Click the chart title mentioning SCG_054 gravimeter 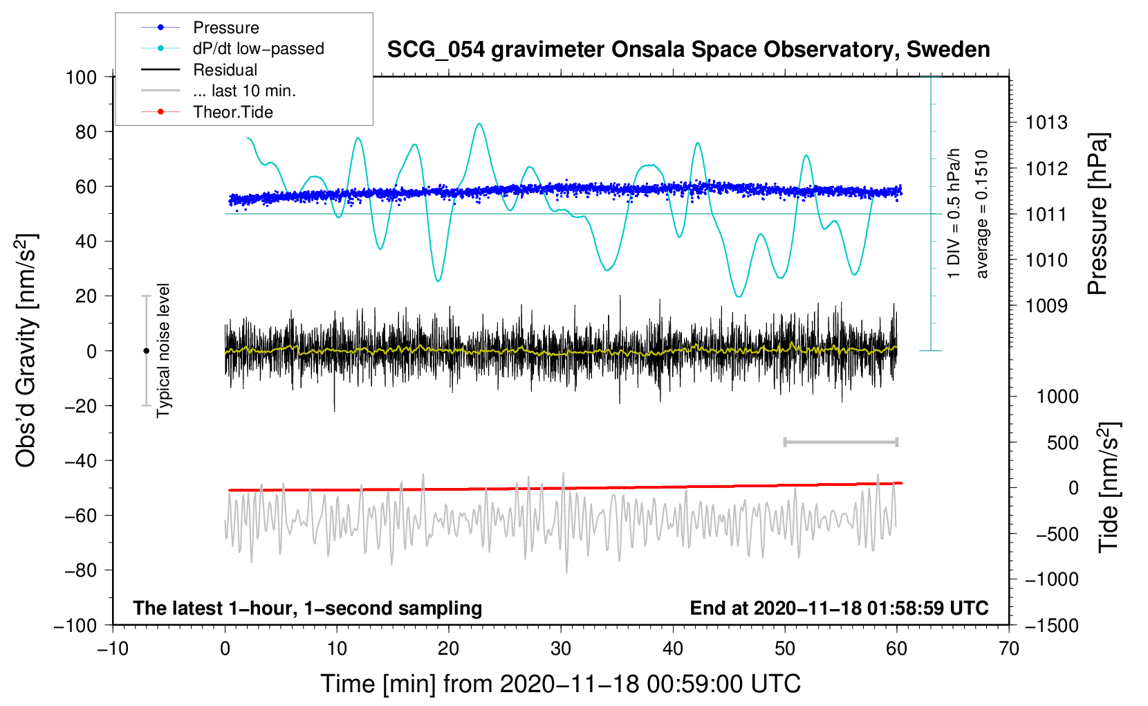(x=688, y=50)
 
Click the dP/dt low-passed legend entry (x=258, y=48)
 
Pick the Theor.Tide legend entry (x=232, y=112)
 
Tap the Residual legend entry (x=225, y=70)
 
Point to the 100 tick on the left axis (x=81, y=77)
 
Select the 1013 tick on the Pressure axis (x=1046, y=123)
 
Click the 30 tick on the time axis (x=561, y=649)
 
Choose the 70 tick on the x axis (x=1009, y=649)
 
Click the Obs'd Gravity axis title (x=26, y=350)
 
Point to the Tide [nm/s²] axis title (x=1108, y=487)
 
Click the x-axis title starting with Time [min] (x=560, y=684)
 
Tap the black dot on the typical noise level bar (x=146, y=351)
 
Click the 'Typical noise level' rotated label (x=163, y=350)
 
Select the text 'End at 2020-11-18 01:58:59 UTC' (x=839, y=608)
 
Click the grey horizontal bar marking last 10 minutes (x=840, y=442)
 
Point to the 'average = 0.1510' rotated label (x=982, y=214)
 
